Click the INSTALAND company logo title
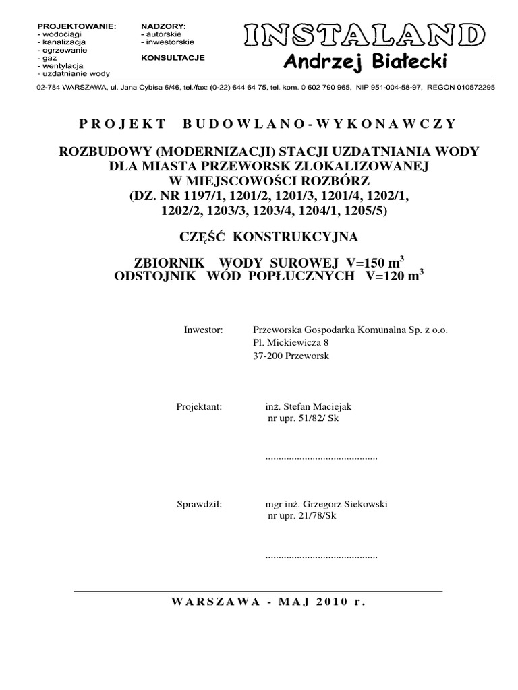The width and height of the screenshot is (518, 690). (x=364, y=36)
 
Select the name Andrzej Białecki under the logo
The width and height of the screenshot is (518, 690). (x=365, y=63)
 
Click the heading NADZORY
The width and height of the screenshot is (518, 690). (x=163, y=26)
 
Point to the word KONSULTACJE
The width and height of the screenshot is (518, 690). (x=173, y=58)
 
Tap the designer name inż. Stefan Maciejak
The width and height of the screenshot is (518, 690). (x=309, y=407)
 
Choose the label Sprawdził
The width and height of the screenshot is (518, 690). (x=199, y=503)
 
